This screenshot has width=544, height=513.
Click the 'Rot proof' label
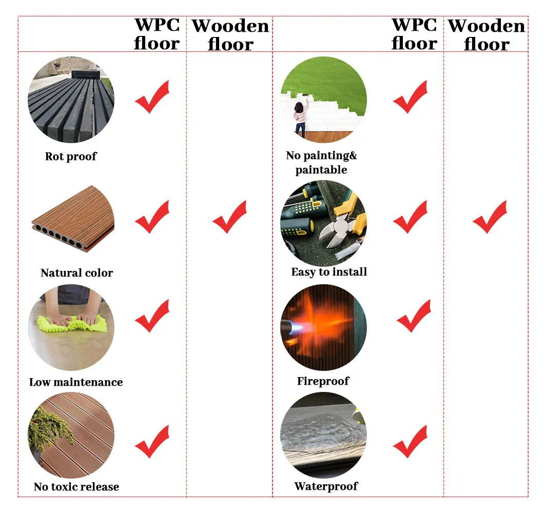point(71,156)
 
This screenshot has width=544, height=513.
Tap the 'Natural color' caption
point(76,273)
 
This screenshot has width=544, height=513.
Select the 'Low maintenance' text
point(76,382)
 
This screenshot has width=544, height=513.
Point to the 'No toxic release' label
point(76,487)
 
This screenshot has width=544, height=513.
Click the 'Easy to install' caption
point(329,272)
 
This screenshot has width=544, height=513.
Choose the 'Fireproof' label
point(323,381)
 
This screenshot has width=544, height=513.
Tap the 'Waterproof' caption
point(326,486)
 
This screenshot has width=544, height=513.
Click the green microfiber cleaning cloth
point(72,324)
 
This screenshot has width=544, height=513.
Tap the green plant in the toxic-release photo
point(49,428)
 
